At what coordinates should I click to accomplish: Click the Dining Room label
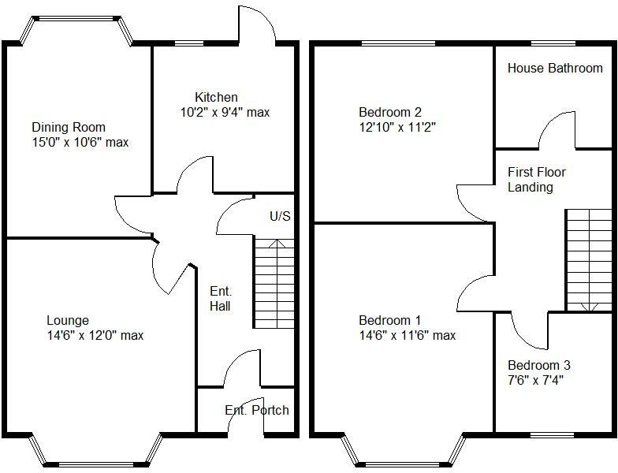69,127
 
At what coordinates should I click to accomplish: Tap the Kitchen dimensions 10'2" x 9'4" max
225,112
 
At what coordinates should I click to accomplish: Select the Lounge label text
68,320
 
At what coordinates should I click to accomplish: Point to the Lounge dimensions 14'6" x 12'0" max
95,335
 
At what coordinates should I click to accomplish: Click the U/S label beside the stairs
279,215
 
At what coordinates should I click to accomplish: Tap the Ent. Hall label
220,299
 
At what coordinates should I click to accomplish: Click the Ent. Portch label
257,410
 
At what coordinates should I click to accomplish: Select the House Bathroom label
555,69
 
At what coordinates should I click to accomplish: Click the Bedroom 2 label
390,111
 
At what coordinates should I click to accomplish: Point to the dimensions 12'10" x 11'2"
397,126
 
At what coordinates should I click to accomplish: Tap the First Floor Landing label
537,180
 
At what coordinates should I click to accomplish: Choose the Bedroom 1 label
390,320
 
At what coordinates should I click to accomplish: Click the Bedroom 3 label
539,365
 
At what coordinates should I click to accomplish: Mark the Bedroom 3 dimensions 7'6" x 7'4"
536,379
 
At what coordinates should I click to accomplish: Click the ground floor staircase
274,284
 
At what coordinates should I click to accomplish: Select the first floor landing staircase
589,260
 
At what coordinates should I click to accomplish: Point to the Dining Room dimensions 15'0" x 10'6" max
80,143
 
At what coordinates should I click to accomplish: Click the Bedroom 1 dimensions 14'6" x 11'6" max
407,335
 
